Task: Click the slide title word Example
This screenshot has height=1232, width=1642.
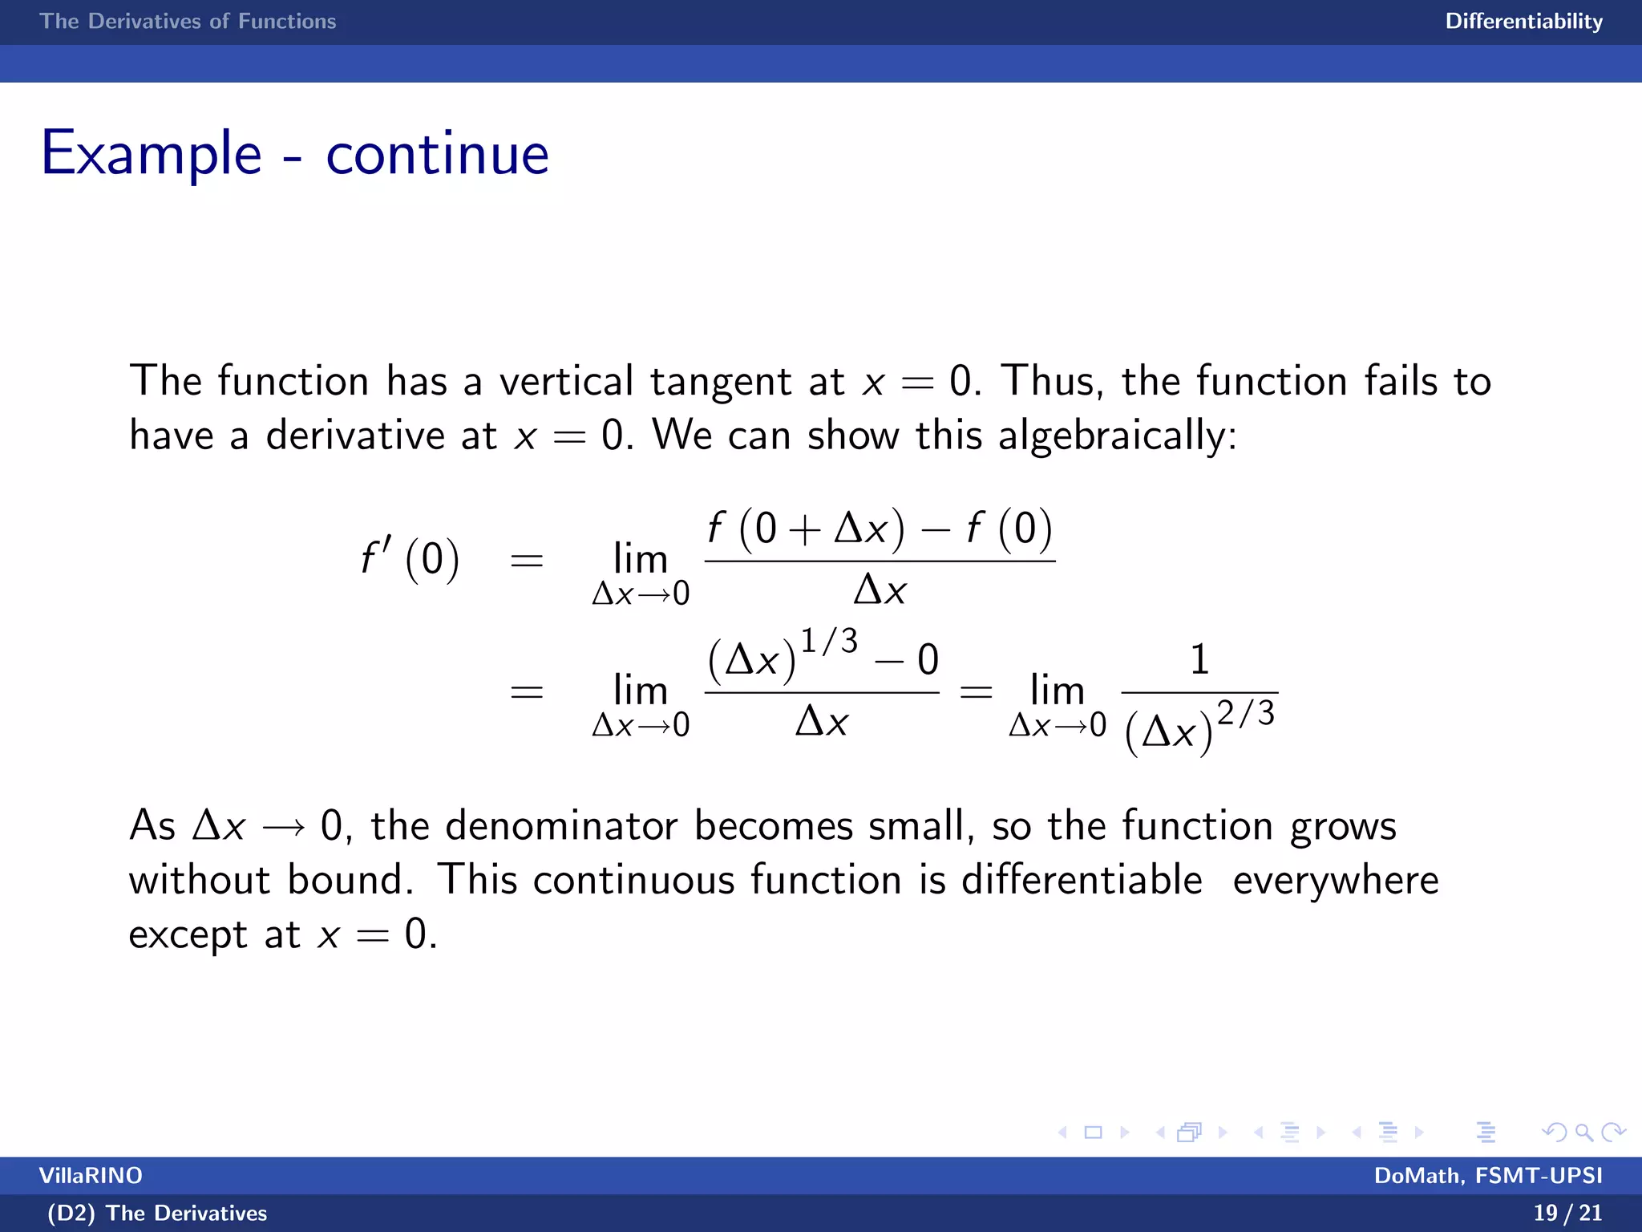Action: [151, 153]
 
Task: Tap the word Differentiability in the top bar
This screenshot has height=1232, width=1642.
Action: [1523, 21]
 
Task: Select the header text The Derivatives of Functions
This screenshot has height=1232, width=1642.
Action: [188, 21]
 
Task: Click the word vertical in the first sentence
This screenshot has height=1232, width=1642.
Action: [566, 381]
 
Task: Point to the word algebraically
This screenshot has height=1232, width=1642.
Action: [1117, 436]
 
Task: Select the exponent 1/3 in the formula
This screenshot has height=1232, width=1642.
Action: [829, 641]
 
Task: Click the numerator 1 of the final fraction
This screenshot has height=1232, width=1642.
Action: [1199, 660]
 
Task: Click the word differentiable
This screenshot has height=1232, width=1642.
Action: [1082, 880]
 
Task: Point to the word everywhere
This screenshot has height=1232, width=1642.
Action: [1336, 881]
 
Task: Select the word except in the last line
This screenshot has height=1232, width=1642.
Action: [188, 935]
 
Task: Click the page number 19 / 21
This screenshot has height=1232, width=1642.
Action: [1567, 1213]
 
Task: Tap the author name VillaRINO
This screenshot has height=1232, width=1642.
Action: [91, 1176]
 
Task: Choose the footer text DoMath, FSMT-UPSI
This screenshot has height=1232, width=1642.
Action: [1488, 1176]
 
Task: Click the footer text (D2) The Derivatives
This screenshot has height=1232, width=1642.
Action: [157, 1213]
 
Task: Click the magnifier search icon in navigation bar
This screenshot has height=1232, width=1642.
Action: [1583, 1133]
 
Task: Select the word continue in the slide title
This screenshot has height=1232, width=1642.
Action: [437, 153]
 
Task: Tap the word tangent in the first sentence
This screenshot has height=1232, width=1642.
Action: [721, 383]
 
